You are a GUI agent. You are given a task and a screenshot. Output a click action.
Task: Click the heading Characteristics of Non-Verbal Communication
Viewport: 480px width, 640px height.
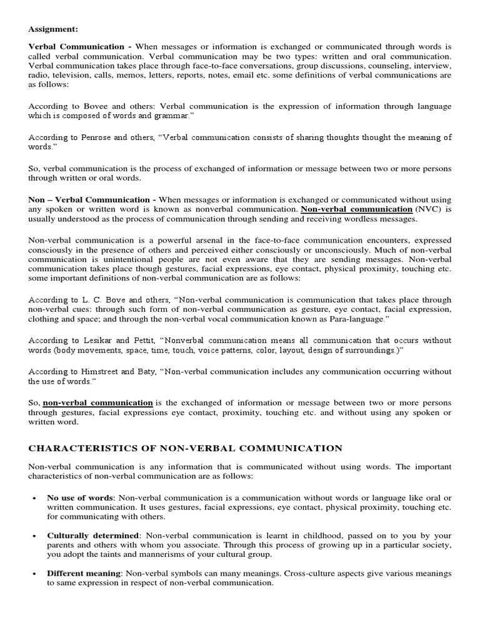tap(185, 448)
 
